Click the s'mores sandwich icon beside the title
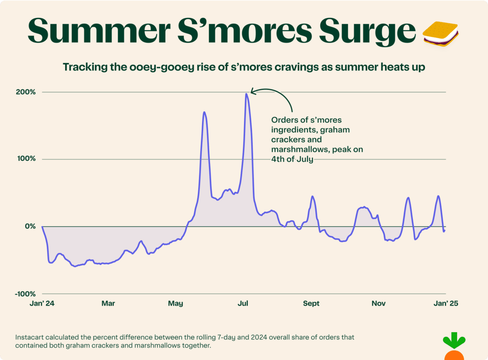[x=441, y=34]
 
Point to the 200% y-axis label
[x=25, y=92]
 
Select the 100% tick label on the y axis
[x=26, y=158]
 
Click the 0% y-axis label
[x=30, y=226]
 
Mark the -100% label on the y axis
[x=25, y=294]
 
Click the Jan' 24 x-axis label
[x=42, y=303]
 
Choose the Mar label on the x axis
[x=108, y=303]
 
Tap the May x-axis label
[x=176, y=303]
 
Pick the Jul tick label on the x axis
[x=243, y=303]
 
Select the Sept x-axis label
[x=311, y=303]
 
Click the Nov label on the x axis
[x=379, y=303]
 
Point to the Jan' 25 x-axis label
[x=446, y=303]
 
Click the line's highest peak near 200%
[x=246, y=94]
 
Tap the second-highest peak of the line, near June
[x=204, y=112]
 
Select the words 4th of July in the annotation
[x=292, y=159]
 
